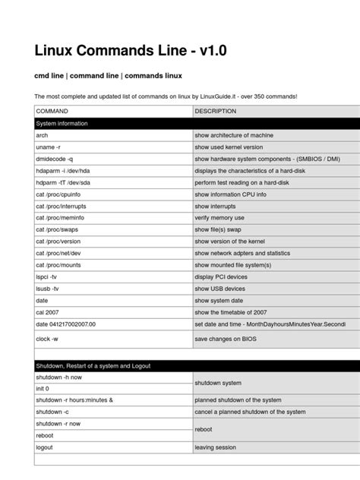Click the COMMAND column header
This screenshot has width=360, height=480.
pos(52,111)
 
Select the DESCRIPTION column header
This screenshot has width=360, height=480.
pos(216,111)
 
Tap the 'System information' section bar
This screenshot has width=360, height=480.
pos(62,123)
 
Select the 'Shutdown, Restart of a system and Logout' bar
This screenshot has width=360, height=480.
pos(93,365)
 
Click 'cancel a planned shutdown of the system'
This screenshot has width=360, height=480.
pos(250,412)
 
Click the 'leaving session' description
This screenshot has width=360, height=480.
pos(216,447)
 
